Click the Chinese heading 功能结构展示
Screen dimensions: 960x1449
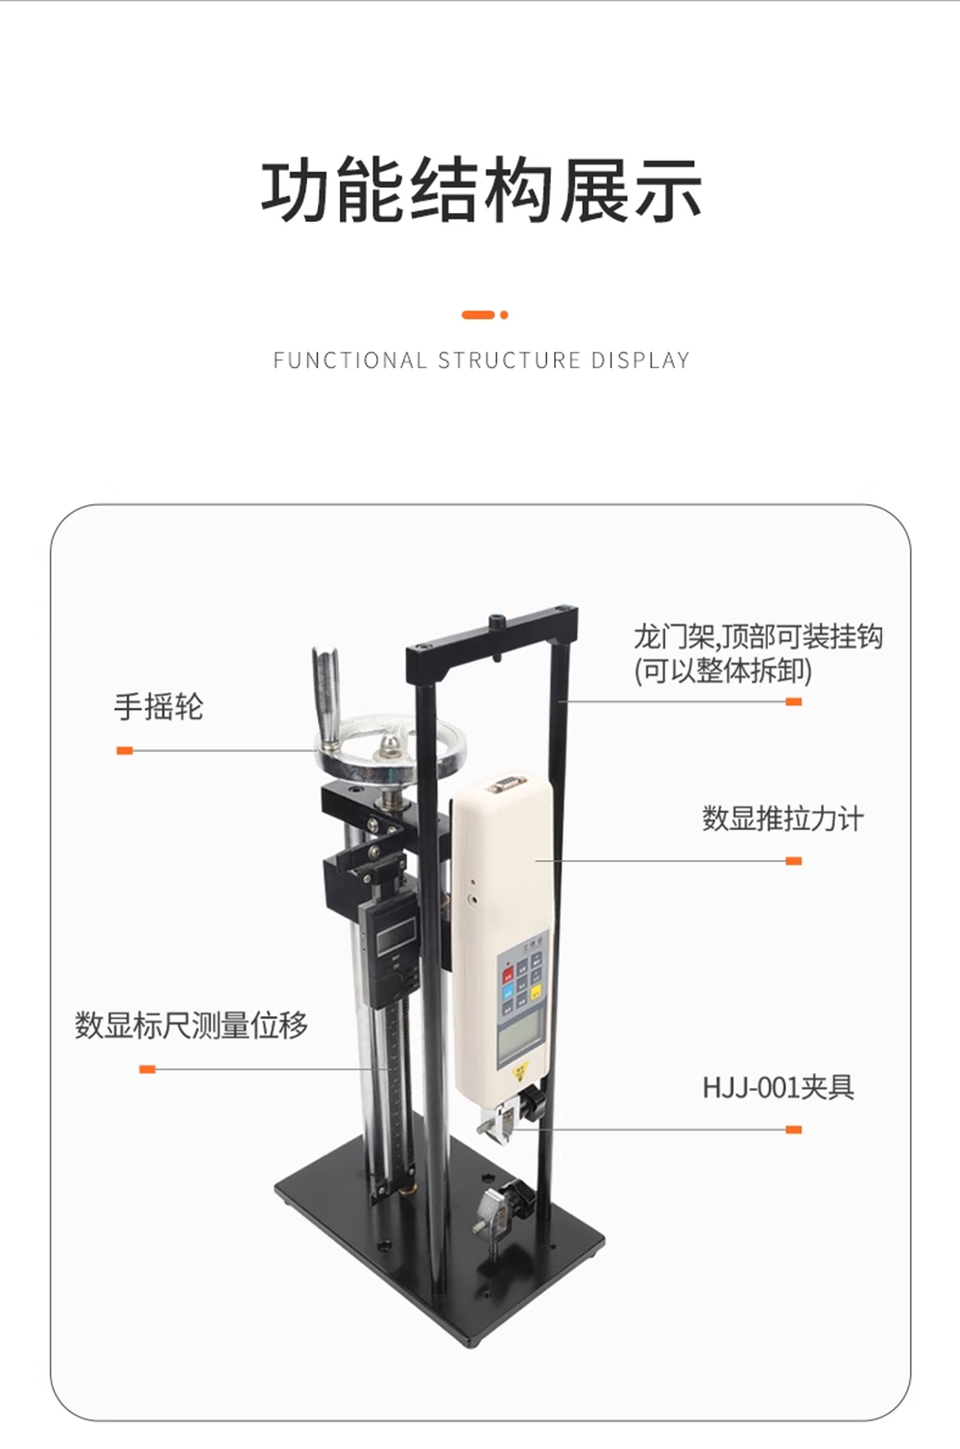(481, 189)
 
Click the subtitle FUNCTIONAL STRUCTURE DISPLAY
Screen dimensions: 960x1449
(481, 360)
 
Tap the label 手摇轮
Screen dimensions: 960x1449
(158, 706)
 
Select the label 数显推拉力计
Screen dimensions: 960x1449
(782, 819)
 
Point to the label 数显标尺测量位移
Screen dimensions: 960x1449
(191, 1025)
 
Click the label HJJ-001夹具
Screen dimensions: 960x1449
(779, 1087)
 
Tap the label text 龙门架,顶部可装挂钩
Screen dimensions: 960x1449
(758, 638)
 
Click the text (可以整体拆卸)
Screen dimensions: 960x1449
(723, 671)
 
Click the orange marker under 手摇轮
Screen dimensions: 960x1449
(124, 750)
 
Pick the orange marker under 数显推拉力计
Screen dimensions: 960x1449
(794, 861)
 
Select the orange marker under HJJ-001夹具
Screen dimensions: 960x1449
(794, 1129)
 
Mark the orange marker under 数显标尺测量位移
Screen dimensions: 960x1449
(148, 1070)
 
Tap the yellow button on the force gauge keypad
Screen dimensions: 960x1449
(536, 993)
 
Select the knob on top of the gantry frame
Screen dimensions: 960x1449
(497, 622)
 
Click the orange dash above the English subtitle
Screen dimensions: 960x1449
(478, 315)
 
